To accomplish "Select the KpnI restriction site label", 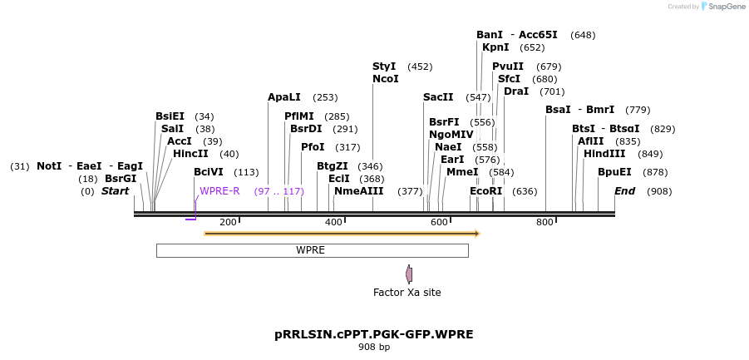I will (x=495, y=47).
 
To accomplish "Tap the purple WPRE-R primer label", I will (x=219, y=191).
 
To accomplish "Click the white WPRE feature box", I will (x=312, y=250).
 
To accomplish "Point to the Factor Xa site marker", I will (x=409, y=274).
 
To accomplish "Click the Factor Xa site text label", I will (x=407, y=293).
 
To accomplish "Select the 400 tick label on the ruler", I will (x=333, y=222).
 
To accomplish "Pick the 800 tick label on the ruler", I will (x=545, y=222).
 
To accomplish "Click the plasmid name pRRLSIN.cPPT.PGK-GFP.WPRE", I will (x=374, y=334).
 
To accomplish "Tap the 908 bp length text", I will (x=374, y=348).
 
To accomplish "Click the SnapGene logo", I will (x=722, y=7).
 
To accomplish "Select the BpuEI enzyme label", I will (x=614, y=172).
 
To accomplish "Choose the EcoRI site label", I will (x=486, y=191).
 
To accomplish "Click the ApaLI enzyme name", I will (x=284, y=97).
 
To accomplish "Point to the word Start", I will (x=116, y=191).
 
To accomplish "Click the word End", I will (x=624, y=191).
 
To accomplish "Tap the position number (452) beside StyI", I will (x=420, y=67).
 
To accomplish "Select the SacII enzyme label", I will (x=438, y=97).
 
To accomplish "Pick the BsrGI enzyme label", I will (x=121, y=179).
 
